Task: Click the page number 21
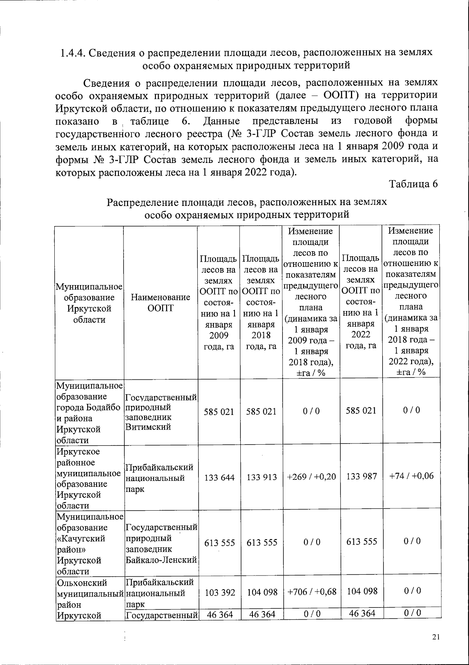[x=436, y=637]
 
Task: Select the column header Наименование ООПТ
[x=160, y=303]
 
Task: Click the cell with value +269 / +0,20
[x=311, y=477]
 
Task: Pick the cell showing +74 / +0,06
[x=412, y=476]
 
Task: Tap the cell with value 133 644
[x=219, y=477]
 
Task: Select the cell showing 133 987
[x=362, y=476]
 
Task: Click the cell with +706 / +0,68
[x=311, y=592]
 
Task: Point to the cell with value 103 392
[x=220, y=593]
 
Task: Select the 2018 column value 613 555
[x=262, y=543]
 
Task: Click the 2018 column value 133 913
[x=262, y=477]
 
